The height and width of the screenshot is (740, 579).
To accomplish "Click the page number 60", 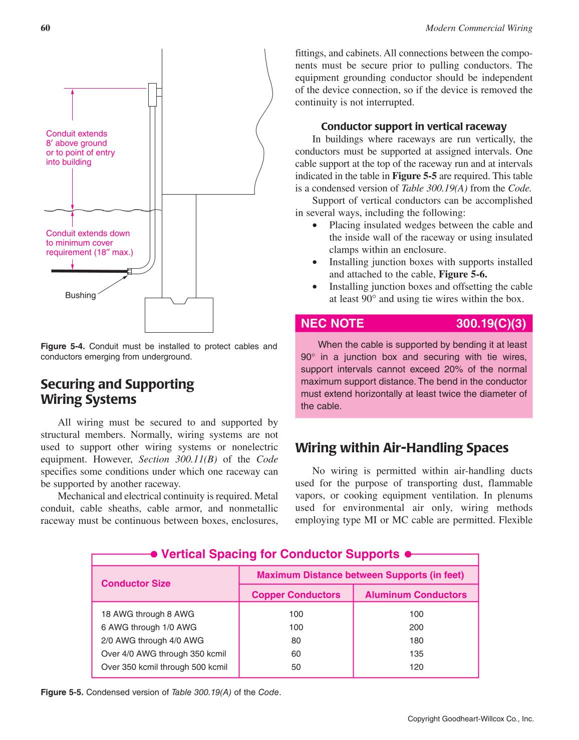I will pos(45,28).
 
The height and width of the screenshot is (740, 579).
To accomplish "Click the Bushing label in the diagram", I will pos(80,295).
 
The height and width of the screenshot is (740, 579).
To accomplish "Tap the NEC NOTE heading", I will pos(332,324).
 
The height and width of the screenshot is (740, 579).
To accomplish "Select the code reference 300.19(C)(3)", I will pos(491,324).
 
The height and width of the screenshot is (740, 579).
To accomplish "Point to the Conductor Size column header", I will pos(136,583).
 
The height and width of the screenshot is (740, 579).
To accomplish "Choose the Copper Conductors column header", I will pos(296,595).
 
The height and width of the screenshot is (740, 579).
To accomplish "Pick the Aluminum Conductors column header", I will pos(416,595).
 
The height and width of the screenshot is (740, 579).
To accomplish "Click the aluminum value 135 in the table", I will pos(416,654).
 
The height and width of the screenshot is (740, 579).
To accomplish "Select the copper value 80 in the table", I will pos(296,640).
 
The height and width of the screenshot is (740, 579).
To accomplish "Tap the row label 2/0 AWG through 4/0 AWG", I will pos(152,640).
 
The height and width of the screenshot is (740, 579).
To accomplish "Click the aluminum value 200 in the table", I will pos(416,627).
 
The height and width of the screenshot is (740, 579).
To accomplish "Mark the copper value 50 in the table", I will pos(296,667).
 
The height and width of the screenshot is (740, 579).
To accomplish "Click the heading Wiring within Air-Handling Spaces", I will pos(402,448).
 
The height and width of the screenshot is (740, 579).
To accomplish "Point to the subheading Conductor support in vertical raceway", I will pos(414,127).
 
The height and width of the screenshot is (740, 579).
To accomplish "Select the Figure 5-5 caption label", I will pos(63,692).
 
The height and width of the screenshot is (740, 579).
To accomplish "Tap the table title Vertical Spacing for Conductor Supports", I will pos(280,554).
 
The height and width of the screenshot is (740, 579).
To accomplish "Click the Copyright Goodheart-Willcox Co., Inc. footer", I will pos(470,719).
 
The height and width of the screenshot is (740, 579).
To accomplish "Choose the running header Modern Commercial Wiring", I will pos(479,28).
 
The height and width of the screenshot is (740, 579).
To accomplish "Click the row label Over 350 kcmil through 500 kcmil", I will pos(164,667).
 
